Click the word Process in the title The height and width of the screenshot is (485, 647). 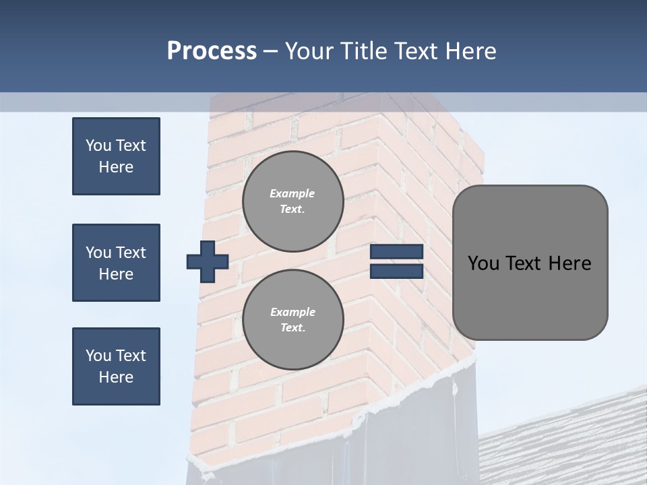click(x=212, y=51)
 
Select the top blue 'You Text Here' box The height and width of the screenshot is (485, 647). click(x=116, y=156)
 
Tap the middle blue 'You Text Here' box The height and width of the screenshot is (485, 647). click(x=116, y=263)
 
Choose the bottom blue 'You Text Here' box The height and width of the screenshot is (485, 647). click(x=116, y=366)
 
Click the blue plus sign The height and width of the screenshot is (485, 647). click(x=208, y=261)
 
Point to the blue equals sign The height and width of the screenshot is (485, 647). click(x=396, y=261)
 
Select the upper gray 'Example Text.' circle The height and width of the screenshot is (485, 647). click(x=293, y=201)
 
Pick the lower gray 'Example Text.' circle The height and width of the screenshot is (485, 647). click(x=293, y=319)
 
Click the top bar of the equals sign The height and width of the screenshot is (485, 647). click(x=396, y=252)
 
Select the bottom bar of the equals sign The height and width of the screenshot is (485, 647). click(x=396, y=271)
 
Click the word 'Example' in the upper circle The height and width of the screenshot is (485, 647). click(x=292, y=193)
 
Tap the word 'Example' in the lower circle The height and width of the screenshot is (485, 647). click(x=292, y=312)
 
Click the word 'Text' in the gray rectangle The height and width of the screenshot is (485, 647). click(x=526, y=263)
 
